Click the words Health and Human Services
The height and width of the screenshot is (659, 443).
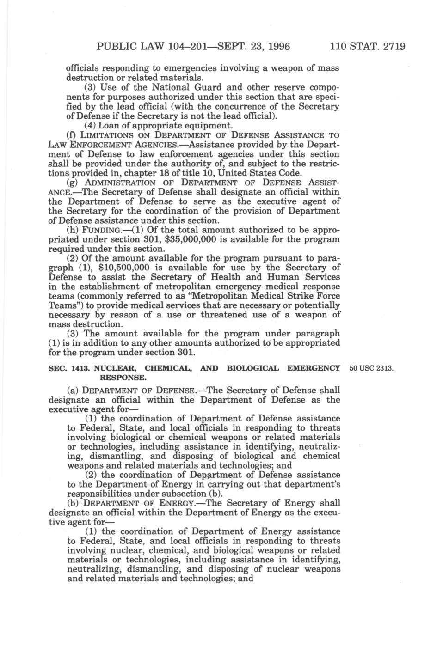pyautogui.click(x=274, y=277)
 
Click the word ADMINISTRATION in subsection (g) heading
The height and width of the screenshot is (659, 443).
pyautogui.click(x=121, y=183)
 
